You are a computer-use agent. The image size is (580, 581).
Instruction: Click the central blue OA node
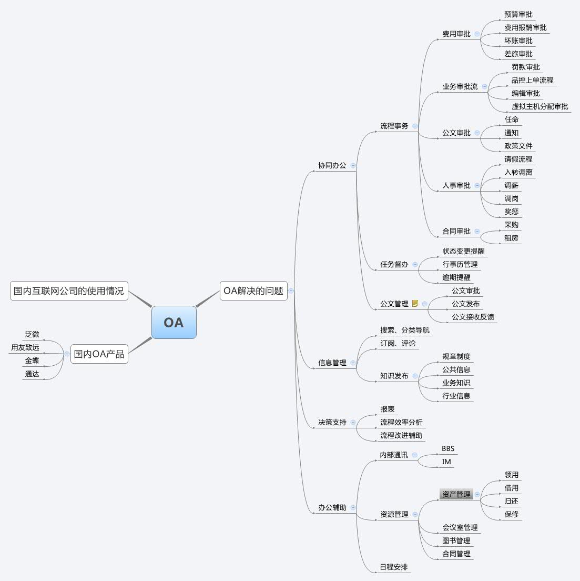click(x=174, y=322)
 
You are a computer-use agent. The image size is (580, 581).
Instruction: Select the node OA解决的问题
click(x=253, y=290)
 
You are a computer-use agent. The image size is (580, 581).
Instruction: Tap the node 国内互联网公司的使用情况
click(x=69, y=290)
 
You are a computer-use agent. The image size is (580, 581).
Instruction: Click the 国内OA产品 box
click(x=99, y=354)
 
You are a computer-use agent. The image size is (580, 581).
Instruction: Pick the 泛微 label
click(x=32, y=335)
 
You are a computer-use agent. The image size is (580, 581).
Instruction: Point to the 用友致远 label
click(x=25, y=348)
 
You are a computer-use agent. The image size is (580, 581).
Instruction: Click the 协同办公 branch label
click(x=332, y=165)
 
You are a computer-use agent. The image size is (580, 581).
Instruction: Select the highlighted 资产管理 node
click(x=456, y=494)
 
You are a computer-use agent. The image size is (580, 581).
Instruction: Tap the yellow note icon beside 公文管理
click(x=415, y=303)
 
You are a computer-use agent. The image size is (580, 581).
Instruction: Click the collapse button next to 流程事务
click(x=415, y=126)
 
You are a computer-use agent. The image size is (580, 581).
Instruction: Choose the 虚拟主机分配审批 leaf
click(x=540, y=106)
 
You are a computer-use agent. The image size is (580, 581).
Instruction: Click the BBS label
click(x=448, y=449)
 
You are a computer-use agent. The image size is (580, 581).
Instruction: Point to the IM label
click(x=446, y=462)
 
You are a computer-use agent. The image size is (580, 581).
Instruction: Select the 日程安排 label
click(x=394, y=567)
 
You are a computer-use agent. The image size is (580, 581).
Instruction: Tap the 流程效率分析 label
click(x=401, y=423)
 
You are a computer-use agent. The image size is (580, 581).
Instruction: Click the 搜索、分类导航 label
click(x=405, y=330)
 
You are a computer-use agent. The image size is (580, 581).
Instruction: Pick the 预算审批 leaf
click(x=518, y=14)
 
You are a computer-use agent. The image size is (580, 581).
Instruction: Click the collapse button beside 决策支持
click(x=353, y=422)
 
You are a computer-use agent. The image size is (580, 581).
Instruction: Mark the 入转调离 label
click(x=518, y=172)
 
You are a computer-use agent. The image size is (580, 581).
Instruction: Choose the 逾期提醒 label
click(x=456, y=277)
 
